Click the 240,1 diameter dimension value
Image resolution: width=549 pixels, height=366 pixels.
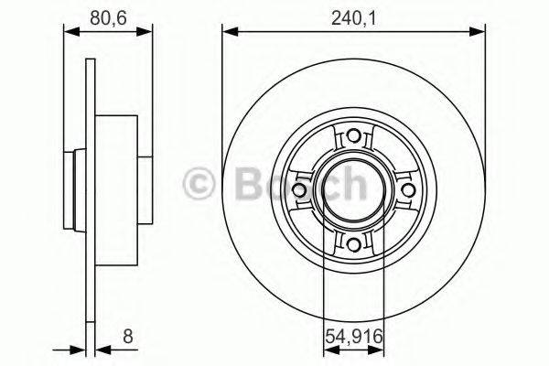(x=353, y=15)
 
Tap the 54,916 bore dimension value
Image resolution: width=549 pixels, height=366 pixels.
(x=353, y=338)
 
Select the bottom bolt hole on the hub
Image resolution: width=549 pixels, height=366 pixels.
(x=353, y=242)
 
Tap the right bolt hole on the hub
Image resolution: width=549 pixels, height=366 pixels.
(x=406, y=189)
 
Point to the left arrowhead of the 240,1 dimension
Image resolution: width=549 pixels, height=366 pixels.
(x=229, y=34)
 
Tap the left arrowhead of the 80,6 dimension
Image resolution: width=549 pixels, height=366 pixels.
(x=69, y=34)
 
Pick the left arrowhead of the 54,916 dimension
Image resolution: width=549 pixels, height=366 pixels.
(x=328, y=348)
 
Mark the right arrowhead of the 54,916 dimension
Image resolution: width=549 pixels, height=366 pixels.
(x=378, y=348)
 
